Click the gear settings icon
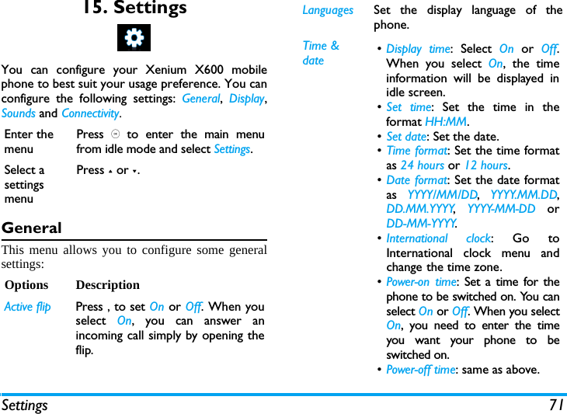(x=134, y=37)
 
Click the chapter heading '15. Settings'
(x=134, y=9)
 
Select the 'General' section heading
(x=32, y=228)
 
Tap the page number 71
(x=555, y=405)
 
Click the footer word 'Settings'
(x=25, y=405)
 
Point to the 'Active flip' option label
(x=28, y=307)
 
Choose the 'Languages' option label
(x=328, y=10)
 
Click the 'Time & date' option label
(x=320, y=53)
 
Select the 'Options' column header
(x=26, y=285)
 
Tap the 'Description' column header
(x=108, y=285)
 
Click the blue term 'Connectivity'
(x=90, y=113)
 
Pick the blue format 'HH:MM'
(x=446, y=122)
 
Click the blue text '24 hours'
(x=423, y=165)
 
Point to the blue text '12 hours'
(x=485, y=165)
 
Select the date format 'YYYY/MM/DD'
(x=442, y=195)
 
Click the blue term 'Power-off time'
(x=421, y=370)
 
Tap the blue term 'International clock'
(x=438, y=238)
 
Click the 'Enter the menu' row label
(x=29, y=141)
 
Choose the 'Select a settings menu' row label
(x=25, y=184)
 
